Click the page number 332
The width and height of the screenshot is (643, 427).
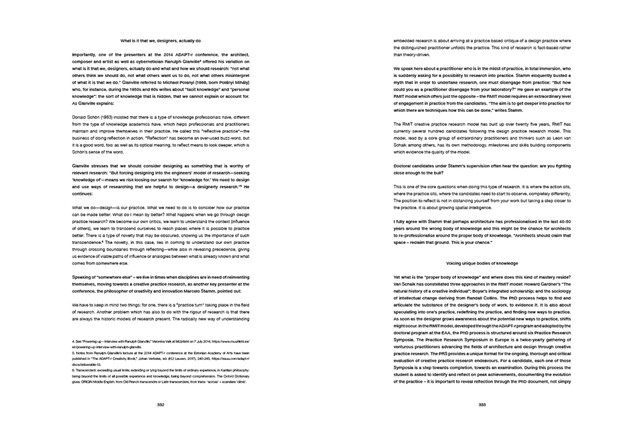161,405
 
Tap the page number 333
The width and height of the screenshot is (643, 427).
482,405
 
